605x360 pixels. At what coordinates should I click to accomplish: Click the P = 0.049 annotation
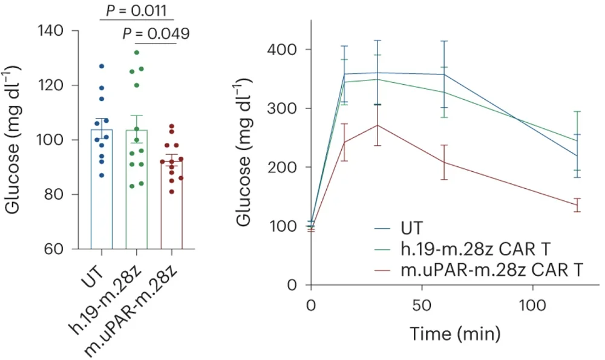[155, 33]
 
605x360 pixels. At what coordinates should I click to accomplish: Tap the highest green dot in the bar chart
[137, 53]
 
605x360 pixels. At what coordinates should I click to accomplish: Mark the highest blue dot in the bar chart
[102, 66]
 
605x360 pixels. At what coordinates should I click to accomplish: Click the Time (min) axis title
[455, 332]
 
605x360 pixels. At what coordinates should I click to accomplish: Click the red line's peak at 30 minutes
[378, 125]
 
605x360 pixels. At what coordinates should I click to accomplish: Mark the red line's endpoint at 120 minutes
[577, 205]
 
